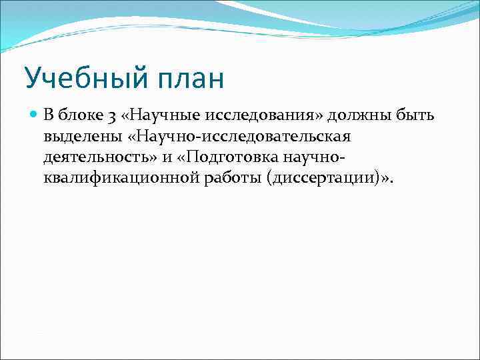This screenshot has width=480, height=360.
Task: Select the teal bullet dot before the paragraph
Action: tap(34, 115)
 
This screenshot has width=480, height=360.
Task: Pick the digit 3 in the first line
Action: tap(109, 117)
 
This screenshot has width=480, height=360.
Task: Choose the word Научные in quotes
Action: tap(153, 116)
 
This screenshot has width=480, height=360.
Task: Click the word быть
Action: tap(416, 116)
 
